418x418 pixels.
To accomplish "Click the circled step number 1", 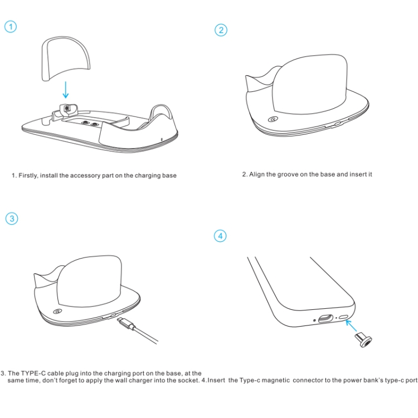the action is pos(11,27).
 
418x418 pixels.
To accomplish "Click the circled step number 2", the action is pos(221,30).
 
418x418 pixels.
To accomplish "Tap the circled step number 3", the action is pos(12,218).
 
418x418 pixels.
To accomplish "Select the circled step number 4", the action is pos(220,236).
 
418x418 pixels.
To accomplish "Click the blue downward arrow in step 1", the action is pos(66,90).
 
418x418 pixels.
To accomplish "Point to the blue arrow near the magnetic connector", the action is pos(351,325).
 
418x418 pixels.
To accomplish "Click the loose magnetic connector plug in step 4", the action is pos(363,340).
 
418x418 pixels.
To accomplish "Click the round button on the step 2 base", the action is pos(273,119).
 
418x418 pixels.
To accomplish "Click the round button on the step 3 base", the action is pos(58,311).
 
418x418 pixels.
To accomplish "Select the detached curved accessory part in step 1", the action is pos(66,59).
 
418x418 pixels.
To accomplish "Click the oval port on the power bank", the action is pos(326,318).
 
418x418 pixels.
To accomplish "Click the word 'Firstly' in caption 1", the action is pos(28,176).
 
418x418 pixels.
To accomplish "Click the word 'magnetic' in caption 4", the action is pos(276,380).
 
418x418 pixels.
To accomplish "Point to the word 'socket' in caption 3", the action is pos(189,380).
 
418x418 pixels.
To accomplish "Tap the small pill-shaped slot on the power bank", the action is pos(344,317).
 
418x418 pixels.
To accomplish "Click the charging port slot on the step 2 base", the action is pos(338,124).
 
